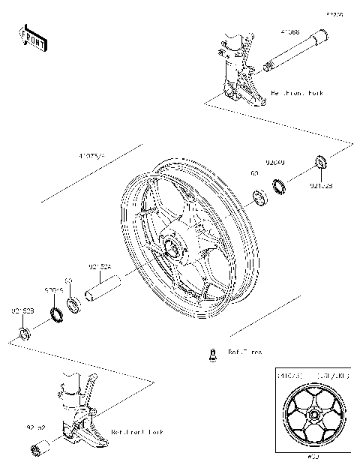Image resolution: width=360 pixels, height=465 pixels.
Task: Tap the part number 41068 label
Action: tap(290, 33)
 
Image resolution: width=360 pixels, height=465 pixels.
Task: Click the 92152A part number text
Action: tap(100, 266)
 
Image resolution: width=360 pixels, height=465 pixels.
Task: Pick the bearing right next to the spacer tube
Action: tap(73, 304)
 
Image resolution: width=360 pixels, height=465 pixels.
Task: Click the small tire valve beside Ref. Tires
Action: tap(212, 352)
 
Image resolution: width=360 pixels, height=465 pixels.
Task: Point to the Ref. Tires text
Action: tap(245, 351)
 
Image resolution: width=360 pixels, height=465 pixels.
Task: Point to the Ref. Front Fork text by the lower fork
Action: tap(136, 433)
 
